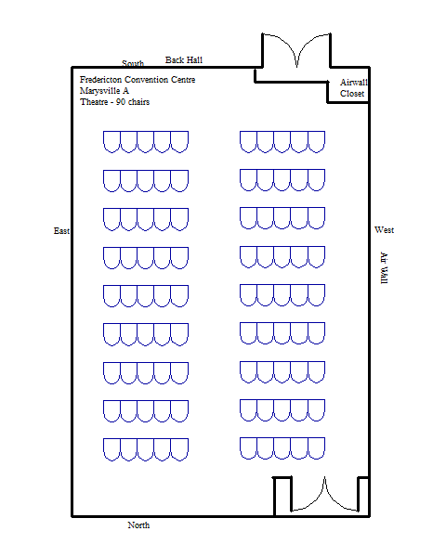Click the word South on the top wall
pyautogui.click(x=133, y=63)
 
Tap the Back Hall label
pyautogui.click(x=184, y=60)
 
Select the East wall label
pyautogui.click(x=61, y=231)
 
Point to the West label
pyautogui.click(x=384, y=230)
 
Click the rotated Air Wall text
pyautogui.click(x=384, y=268)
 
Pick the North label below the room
pyautogui.click(x=138, y=525)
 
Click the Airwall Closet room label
pyautogui.click(x=353, y=88)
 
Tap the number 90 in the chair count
pyautogui.click(x=121, y=102)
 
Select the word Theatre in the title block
pyautogui.click(x=94, y=102)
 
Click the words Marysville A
pyautogui.click(x=104, y=91)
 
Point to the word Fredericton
pyautogui.click(x=100, y=80)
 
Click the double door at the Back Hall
pyautogui.click(x=296, y=50)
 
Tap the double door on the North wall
pyautogui.click(x=324, y=494)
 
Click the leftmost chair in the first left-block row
pyautogui.click(x=111, y=142)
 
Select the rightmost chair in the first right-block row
pyautogui.click(x=316, y=142)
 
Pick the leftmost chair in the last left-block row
pyautogui.click(x=111, y=449)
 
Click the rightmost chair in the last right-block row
pyautogui.click(x=316, y=448)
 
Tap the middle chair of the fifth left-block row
pyautogui.click(x=146, y=296)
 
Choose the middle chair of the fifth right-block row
pyautogui.click(x=282, y=295)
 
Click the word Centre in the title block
pyautogui.click(x=184, y=80)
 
